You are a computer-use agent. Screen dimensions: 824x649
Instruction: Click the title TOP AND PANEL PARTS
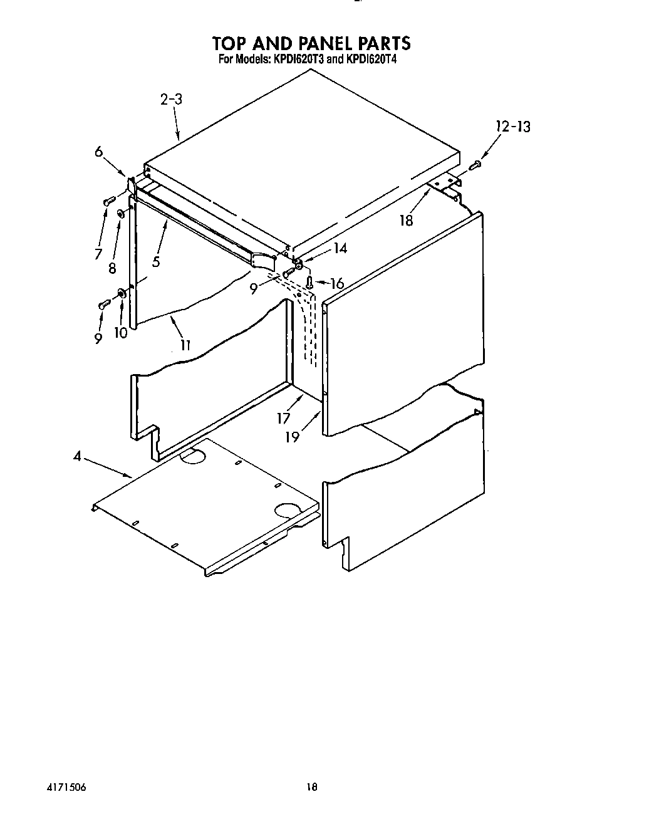pyautogui.click(x=311, y=43)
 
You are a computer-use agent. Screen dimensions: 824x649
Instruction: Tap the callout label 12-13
pyautogui.click(x=513, y=127)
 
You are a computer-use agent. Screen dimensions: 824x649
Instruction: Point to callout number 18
pyautogui.click(x=407, y=221)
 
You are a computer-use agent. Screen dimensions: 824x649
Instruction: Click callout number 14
pyautogui.click(x=340, y=248)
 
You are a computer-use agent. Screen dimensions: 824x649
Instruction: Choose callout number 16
pyautogui.click(x=337, y=283)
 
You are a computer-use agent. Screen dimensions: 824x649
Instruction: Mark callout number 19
pyautogui.click(x=293, y=437)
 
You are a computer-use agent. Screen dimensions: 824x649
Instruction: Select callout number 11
pyautogui.click(x=186, y=344)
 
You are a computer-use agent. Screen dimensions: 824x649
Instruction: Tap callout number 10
pyautogui.click(x=120, y=333)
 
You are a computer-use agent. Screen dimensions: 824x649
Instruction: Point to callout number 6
pyautogui.click(x=99, y=152)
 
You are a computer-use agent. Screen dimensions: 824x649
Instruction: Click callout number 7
pyautogui.click(x=98, y=254)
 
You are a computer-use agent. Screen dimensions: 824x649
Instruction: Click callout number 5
pyautogui.click(x=155, y=261)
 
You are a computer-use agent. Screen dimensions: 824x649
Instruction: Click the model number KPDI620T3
pyautogui.click(x=296, y=61)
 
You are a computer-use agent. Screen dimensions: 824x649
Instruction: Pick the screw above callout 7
pyautogui.click(x=108, y=201)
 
